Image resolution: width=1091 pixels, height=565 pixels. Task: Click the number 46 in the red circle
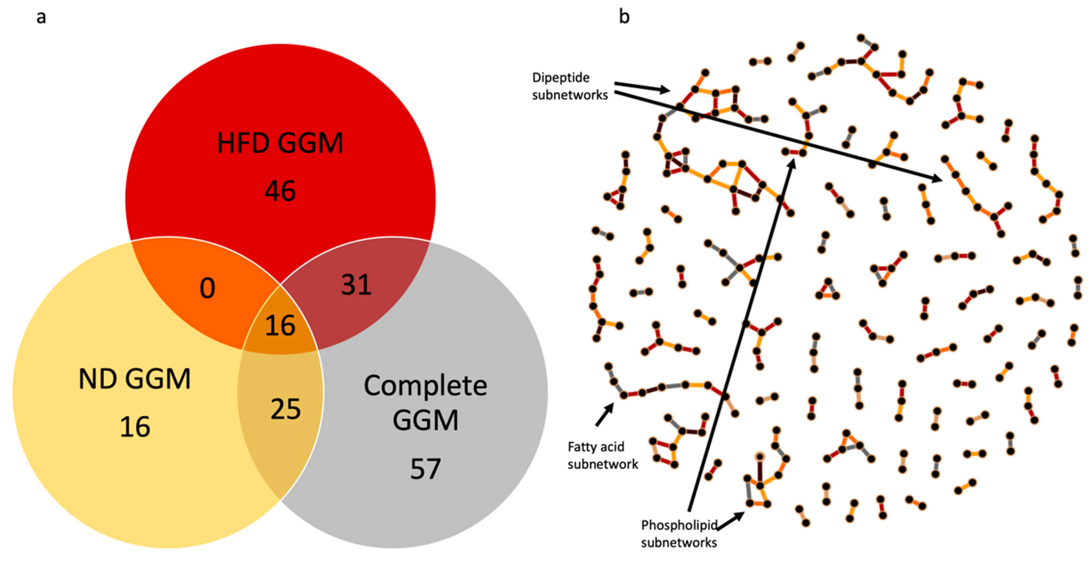click(x=280, y=191)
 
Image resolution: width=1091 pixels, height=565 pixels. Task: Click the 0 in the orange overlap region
click(x=207, y=289)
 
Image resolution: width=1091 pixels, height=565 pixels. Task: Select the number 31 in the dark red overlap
click(x=356, y=285)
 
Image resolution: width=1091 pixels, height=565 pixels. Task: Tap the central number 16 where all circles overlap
click(x=280, y=326)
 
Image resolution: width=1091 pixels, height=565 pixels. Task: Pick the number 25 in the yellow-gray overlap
click(x=286, y=409)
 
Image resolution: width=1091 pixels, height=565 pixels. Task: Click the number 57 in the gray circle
click(x=425, y=469)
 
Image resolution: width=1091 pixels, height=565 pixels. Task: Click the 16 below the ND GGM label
click(x=135, y=427)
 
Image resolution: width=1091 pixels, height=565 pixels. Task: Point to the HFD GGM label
click(x=280, y=143)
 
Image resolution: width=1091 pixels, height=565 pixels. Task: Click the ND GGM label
click(x=135, y=379)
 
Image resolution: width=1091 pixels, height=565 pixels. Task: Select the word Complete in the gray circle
click(x=425, y=386)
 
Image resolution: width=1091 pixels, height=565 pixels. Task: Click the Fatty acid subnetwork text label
click(x=602, y=455)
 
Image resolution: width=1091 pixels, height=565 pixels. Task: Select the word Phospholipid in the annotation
click(x=679, y=525)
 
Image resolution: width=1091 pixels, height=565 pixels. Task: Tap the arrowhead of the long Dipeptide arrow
click(x=936, y=179)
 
